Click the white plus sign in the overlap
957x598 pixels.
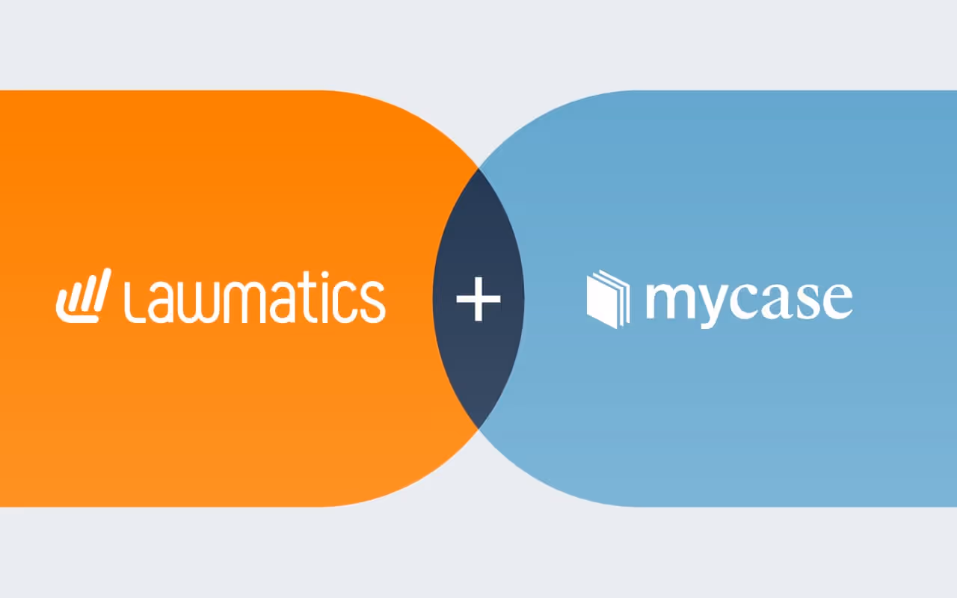(478, 299)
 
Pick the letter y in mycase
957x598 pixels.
(713, 306)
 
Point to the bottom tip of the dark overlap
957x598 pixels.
(478, 427)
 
